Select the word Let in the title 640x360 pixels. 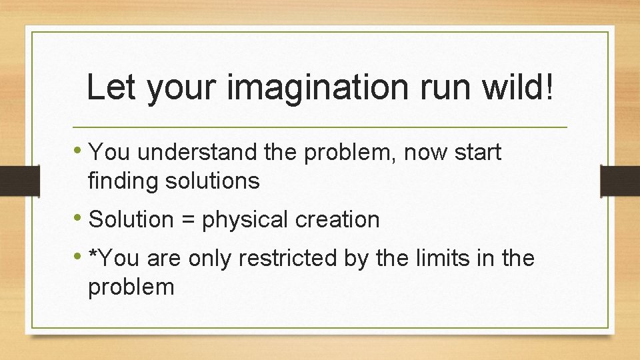[x=111, y=87]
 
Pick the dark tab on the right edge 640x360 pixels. [x=620, y=180]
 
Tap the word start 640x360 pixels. [x=477, y=153]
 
